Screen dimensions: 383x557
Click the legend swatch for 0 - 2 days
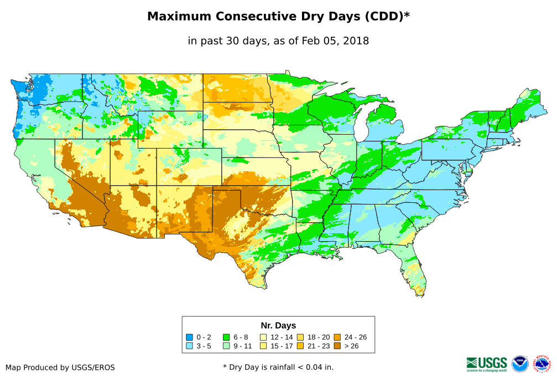tap(189, 337)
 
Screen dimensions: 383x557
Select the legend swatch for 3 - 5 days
tap(189, 346)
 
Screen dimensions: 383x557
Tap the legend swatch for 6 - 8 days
tap(226, 337)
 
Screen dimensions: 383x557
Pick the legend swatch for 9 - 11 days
tap(226, 346)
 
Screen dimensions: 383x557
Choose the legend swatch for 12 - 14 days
tap(264, 337)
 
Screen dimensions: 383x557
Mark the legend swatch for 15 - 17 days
tap(264, 346)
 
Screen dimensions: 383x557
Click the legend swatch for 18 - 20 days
tap(300, 337)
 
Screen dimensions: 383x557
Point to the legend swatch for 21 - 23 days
tap(300, 346)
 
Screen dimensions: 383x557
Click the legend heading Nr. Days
tap(278, 325)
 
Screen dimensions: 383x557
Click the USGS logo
tap(487, 364)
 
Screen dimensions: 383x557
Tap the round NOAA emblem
tap(520, 364)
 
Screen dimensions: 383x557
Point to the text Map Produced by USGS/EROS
tap(60, 367)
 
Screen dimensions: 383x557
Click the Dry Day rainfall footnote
tap(278, 367)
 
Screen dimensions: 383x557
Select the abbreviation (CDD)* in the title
tap(386, 17)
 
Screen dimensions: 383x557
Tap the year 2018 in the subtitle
tap(355, 41)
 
